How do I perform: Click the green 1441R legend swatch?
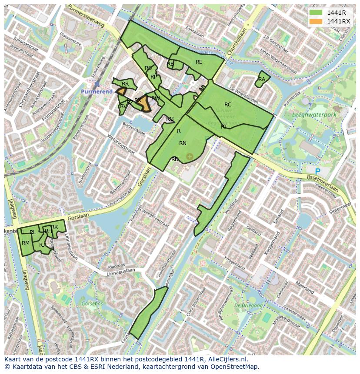(x=317, y=13)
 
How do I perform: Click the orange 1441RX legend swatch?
(x=317, y=21)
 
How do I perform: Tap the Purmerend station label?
(x=97, y=92)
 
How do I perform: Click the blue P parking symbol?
(x=317, y=172)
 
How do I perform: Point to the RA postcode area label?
(x=262, y=79)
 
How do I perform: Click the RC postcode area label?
(x=228, y=105)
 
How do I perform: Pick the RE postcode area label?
(x=199, y=62)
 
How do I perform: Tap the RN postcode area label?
(x=183, y=143)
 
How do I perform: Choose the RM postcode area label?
(x=26, y=243)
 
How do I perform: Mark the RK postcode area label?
(x=54, y=227)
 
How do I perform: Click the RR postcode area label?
(x=125, y=84)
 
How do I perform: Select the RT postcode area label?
(x=224, y=127)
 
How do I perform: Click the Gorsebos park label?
(x=92, y=303)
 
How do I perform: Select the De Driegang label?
(x=248, y=305)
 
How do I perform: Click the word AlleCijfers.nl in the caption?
(x=226, y=359)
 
